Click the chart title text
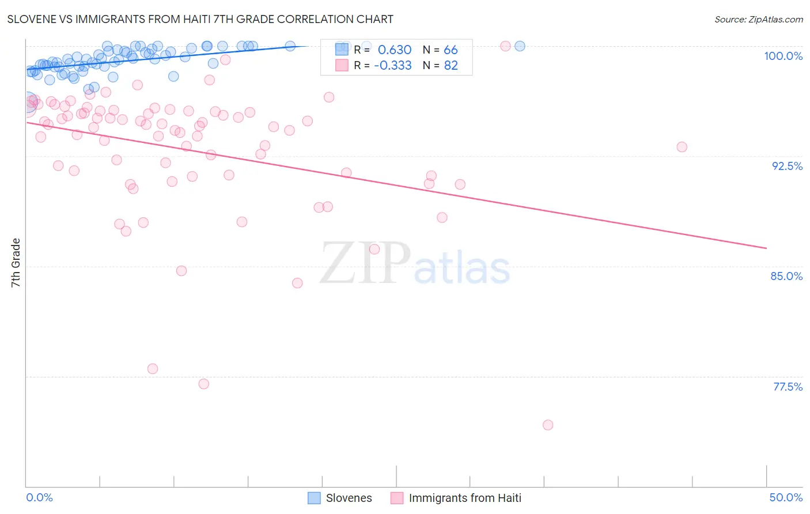click(200, 19)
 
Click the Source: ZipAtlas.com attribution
click(758, 20)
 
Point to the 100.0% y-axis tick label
click(783, 56)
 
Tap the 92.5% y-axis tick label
click(787, 166)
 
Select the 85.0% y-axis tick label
click(786, 276)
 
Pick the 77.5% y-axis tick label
click(788, 387)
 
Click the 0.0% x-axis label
click(39, 497)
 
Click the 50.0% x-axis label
click(786, 497)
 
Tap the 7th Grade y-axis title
click(16, 263)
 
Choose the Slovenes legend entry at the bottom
click(340, 498)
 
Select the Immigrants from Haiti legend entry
click(456, 498)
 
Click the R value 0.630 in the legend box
click(395, 50)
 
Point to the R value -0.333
click(393, 66)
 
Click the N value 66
click(451, 50)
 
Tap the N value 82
click(451, 66)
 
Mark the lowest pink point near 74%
click(548, 425)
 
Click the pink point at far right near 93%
click(682, 147)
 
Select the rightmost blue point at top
click(520, 46)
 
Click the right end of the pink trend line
click(766, 248)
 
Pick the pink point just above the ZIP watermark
click(374, 249)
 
